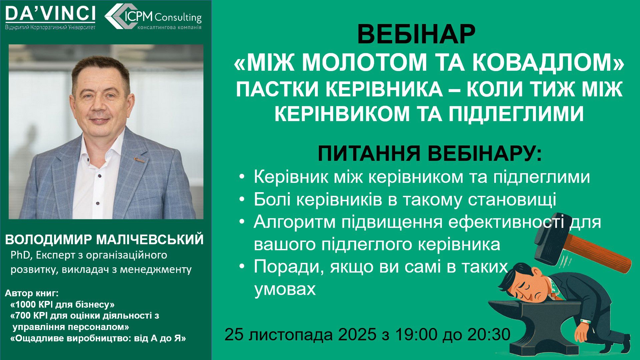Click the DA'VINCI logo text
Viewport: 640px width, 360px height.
pyautogui.click(x=50, y=14)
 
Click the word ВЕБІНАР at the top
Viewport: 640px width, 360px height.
pyautogui.click(x=416, y=35)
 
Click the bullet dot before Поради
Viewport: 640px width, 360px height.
pyautogui.click(x=242, y=267)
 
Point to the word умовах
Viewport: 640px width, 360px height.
pyautogui.click(x=285, y=289)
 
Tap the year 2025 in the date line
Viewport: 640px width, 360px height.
pyautogui.click(x=357, y=334)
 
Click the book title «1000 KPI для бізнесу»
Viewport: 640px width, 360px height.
pyautogui.click(x=63, y=304)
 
